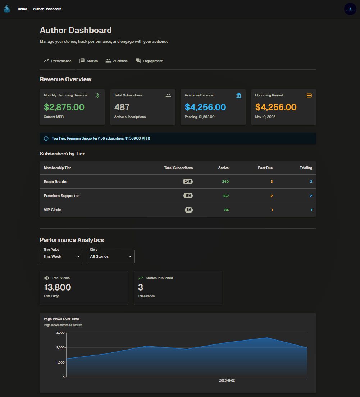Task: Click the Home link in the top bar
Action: [x=22, y=9]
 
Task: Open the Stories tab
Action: [x=88, y=61]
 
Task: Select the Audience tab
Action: [x=117, y=61]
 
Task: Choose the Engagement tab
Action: [x=149, y=61]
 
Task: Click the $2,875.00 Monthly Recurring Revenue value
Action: [x=64, y=107]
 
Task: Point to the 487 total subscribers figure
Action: [x=122, y=107]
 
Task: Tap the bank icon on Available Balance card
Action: [x=239, y=96]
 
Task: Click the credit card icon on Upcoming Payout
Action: [x=309, y=96]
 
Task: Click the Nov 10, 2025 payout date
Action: [x=265, y=117]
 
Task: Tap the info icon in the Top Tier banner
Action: [x=46, y=138]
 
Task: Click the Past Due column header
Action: [x=265, y=168]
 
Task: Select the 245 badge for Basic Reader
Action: [x=188, y=182]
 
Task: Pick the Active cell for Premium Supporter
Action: [x=225, y=196]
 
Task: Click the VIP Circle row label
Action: [x=53, y=210]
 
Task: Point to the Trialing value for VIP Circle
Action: [x=311, y=210]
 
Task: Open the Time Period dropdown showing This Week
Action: [x=61, y=256]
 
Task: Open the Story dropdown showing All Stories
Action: [x=110, y=256]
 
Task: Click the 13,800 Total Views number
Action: [x=58, y=287]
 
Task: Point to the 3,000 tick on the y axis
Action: [x=60, y=333]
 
